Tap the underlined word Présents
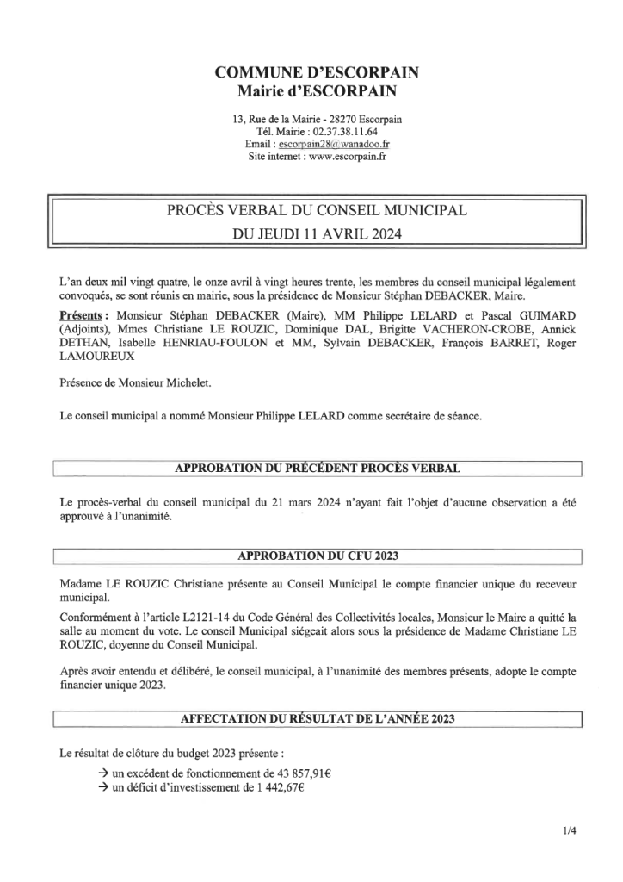coord(83,315)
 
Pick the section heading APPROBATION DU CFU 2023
coord(318,555)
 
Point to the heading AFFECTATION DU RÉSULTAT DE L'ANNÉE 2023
coord(318,718)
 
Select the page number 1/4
coord(567,831)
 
